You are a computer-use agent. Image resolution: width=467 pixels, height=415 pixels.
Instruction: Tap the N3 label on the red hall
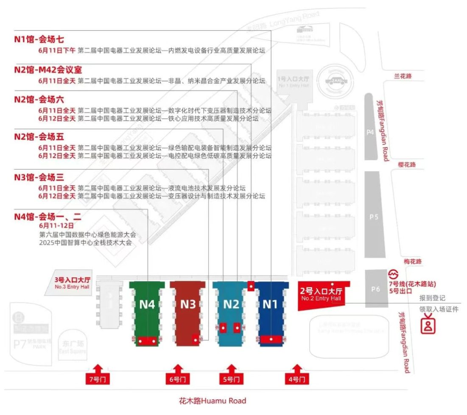tap(187, 305)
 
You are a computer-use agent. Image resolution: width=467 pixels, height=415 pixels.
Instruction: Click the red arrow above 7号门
tap(98, 368)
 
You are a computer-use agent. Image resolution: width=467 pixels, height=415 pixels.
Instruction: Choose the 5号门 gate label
tap(231, 379)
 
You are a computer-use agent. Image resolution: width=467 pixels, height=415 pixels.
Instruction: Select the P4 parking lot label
tap(370, 132)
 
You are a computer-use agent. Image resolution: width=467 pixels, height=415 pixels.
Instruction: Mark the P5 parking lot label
tap(374, 217)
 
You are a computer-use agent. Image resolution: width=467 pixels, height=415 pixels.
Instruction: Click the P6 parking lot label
tap(375, 289)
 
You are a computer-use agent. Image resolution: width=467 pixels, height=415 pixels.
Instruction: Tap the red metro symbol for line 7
tap(394, 274)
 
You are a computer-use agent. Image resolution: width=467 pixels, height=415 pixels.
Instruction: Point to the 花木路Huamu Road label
tap(212, 401)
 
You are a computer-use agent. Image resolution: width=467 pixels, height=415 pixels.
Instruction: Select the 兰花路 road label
tap(403, 76)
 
